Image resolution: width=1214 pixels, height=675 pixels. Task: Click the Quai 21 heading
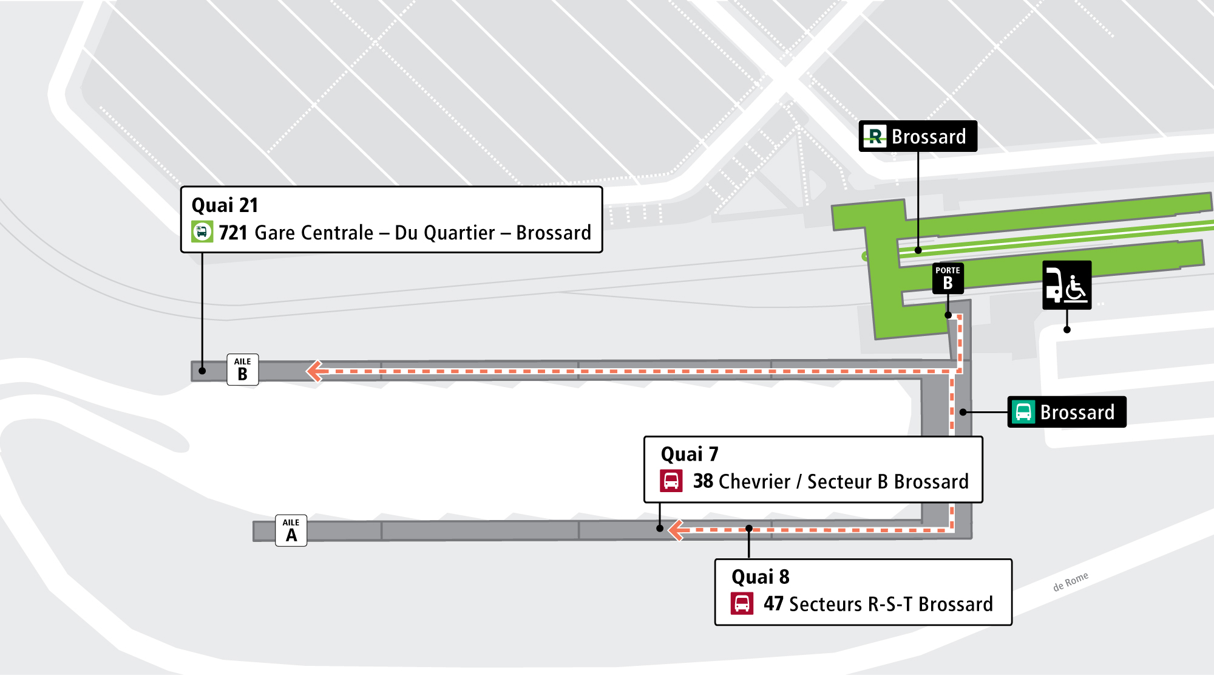pyautogui.click(x=225, y=205)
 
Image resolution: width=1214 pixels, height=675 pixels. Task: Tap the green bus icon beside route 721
pyautogui.click(x=202, y=232)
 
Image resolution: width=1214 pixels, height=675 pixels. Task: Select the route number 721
pyautogui.click(x=233, y=233)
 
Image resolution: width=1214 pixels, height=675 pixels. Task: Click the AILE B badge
pyautogui.click(x=243, y=369)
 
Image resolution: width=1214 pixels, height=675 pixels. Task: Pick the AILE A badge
pyautogui.click(x=291, y=530)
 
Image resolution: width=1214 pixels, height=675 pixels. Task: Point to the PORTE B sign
pyautogui.click(x=948, y=278)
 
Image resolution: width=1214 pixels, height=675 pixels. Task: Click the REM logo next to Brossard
pyautogui.click(x=875, y=136)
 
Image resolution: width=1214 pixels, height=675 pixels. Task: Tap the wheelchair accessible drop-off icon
pyautogui.click(x=1067, y=285)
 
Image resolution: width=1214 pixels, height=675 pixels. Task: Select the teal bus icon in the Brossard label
pyautogui.click(x=1023, y=412)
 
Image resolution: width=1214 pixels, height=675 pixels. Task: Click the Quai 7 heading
pyautogui.click(x=690, y=454)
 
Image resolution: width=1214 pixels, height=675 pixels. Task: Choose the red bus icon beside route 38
pyautogui.click(x=671, y=481)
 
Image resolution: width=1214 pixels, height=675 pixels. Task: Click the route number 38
pyautogui.click(x=703, y=481)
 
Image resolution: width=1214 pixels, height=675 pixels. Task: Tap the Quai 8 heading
pyautogui.click(x=761, y=577)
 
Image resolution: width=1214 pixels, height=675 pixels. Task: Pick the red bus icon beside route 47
pyautogui.click(x=742, y=604)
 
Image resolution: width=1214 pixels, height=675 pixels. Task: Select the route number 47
pyautogui.click(x=773, y=604)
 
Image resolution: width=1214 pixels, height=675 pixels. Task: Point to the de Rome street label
pyautogui.click(x=1071, y=581)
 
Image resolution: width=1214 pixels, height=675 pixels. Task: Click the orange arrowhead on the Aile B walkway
pyautogui.click(x=314, y=371)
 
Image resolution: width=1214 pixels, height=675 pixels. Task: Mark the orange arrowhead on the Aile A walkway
pyautogui.click(x=676, y=530)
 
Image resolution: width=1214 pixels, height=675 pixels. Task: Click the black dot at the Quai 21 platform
pyautogui.click(x=202, y=371)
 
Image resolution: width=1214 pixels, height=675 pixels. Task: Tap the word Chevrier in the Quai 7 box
pyautogui.click(x=755, y=482)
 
